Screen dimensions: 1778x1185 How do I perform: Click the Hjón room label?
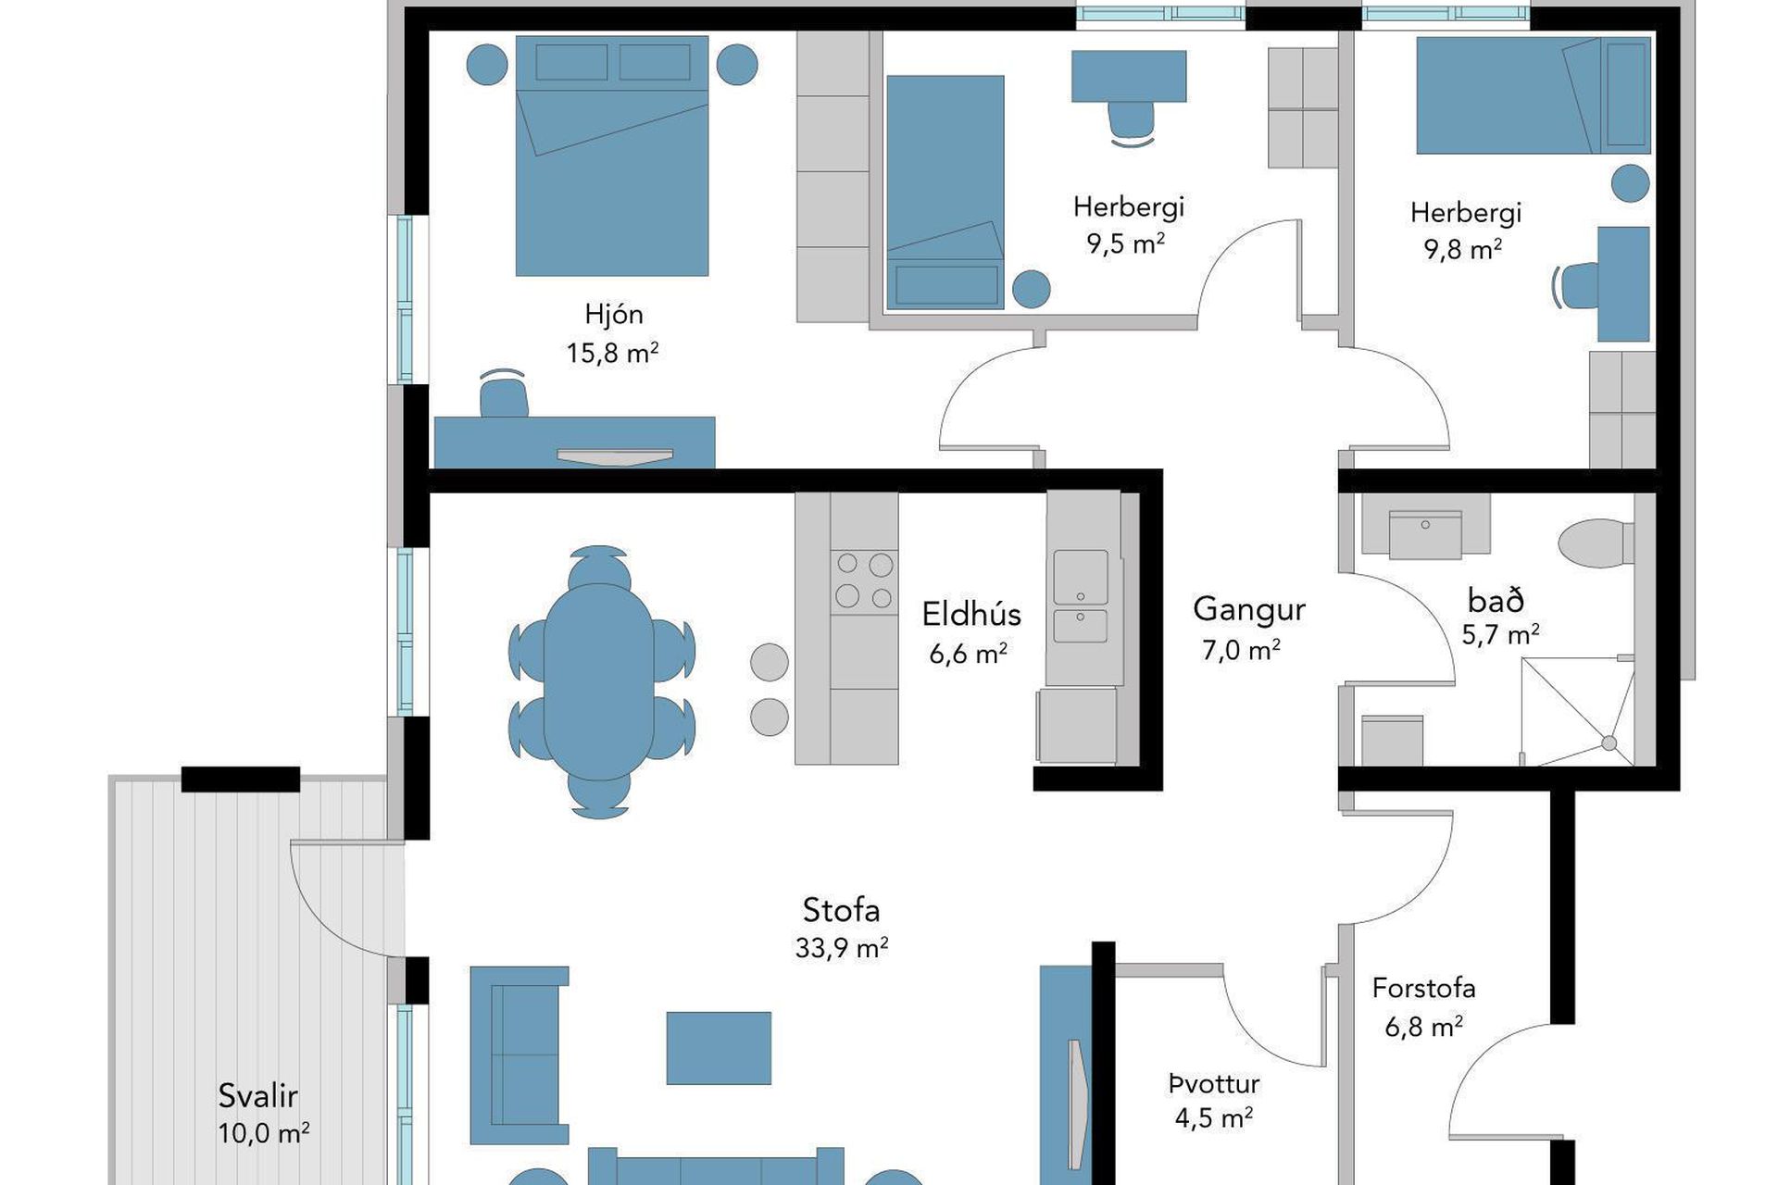point(613,315)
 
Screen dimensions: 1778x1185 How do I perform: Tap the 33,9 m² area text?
point(842,948)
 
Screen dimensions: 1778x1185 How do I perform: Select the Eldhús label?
point(971,614)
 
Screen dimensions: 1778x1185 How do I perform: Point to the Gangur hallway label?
point(1248,609)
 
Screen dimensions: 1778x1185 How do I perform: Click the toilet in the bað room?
point(1596,543)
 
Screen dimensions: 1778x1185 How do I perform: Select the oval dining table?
point(599,681)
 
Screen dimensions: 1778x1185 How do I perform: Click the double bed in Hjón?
point(612,156)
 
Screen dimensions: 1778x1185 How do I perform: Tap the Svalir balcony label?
point(257,1096)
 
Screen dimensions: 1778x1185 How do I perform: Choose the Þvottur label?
point(1213,1083)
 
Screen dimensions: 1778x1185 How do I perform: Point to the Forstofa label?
point(1423,989)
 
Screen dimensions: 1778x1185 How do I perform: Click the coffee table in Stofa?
point(719,1048)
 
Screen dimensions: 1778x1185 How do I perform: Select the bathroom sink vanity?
point(1425,526)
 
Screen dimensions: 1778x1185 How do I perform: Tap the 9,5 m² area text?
point(1125,243)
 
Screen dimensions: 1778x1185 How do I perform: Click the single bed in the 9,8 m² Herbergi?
point(1533,94)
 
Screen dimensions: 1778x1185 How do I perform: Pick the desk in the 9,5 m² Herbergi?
point(1129,76)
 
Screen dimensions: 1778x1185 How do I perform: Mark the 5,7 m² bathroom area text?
point(1500,635)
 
